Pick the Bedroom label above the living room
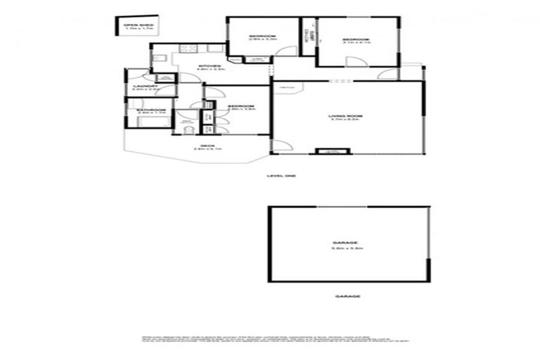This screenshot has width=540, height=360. click(x=355, y=39)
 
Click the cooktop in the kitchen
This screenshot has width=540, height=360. click(x=188, y=49)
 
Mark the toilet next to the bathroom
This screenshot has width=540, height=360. click(x=187, y=127)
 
